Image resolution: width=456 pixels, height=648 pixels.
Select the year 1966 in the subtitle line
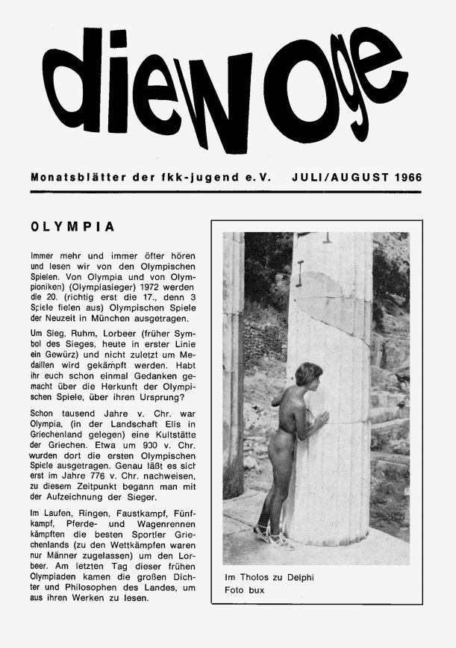coord(404,178)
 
